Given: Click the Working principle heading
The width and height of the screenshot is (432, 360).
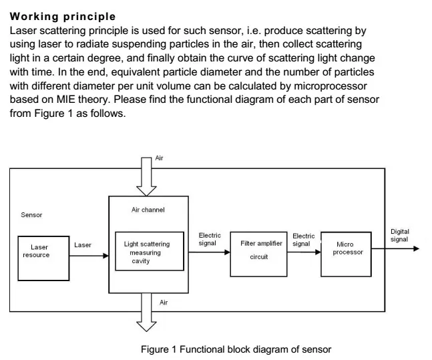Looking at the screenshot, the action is [63, 17].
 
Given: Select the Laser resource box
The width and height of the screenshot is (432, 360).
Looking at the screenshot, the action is [43, 258].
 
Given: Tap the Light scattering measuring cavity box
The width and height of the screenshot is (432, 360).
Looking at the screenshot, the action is [150, 251].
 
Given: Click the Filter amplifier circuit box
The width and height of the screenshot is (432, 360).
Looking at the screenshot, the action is [258, 254].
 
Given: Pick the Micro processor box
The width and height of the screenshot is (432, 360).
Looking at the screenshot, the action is [346, 254].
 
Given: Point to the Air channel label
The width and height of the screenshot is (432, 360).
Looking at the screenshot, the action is [148, 210].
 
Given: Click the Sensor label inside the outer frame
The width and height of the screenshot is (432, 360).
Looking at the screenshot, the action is [31, 215].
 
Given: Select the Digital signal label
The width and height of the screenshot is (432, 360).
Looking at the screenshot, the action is [400, 235].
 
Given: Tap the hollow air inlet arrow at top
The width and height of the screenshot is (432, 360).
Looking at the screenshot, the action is [146, 176].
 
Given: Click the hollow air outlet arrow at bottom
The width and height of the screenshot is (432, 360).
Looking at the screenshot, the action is [146, 312].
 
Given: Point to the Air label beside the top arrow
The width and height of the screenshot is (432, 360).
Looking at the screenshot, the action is [159, 158].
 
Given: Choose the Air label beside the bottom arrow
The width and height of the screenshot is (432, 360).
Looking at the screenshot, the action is [164, 303].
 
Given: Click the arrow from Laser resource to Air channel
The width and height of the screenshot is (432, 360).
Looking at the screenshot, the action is [89, 256].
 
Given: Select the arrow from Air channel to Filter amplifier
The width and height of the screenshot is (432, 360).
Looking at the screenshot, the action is [210, 252].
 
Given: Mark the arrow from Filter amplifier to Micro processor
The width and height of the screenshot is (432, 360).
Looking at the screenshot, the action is [304, 252].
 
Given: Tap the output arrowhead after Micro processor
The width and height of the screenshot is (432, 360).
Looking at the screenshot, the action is [416, 248].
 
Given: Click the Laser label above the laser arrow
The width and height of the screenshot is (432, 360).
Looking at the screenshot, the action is [83, 244].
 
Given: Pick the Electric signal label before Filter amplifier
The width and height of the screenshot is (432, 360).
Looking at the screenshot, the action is [210, 239].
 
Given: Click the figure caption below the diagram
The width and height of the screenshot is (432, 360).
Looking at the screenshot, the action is [236, 349].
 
